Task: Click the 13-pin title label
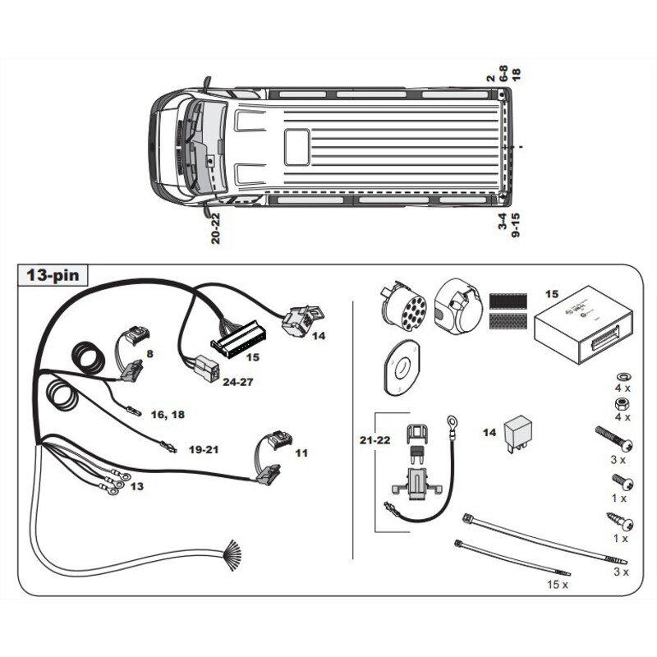pos(53,275)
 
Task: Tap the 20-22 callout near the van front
pos(215,228)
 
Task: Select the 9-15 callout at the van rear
pos(516,225)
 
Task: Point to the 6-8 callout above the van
pos(503,73)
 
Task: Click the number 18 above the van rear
pos(516,75)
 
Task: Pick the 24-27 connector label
pos(238,382)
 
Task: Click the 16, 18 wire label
pos(168,415)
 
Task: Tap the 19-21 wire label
pos(204,449)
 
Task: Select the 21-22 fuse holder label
pos(374,440)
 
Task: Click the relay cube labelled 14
pos(518,433)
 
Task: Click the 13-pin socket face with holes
pos(403,307)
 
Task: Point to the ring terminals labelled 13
pos(114,482)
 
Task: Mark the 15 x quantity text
pos(558,584)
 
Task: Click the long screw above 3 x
pos(613,439)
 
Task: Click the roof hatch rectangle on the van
pos(297,147)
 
